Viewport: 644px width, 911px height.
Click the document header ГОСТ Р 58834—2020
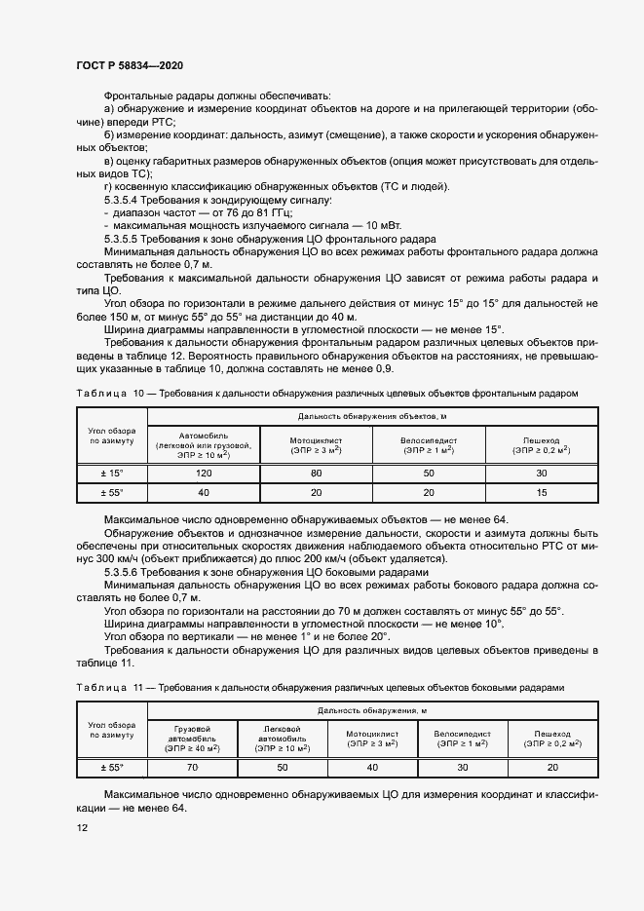click(x=129, y=65)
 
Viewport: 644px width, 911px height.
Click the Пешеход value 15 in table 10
click(x=541, y=493)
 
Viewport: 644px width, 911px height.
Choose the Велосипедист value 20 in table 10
click(x=429, y=493)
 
